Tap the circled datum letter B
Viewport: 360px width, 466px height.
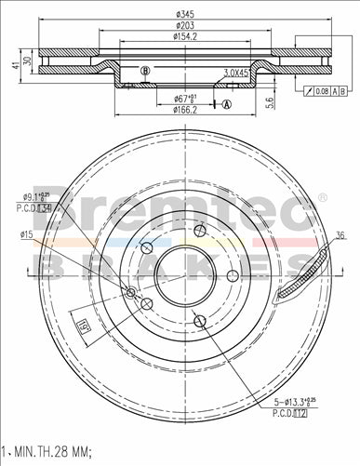[x=143, y=72]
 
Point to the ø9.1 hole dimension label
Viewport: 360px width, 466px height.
[x=36, y=196]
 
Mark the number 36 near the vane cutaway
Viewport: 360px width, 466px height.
[x=340, y=234]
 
